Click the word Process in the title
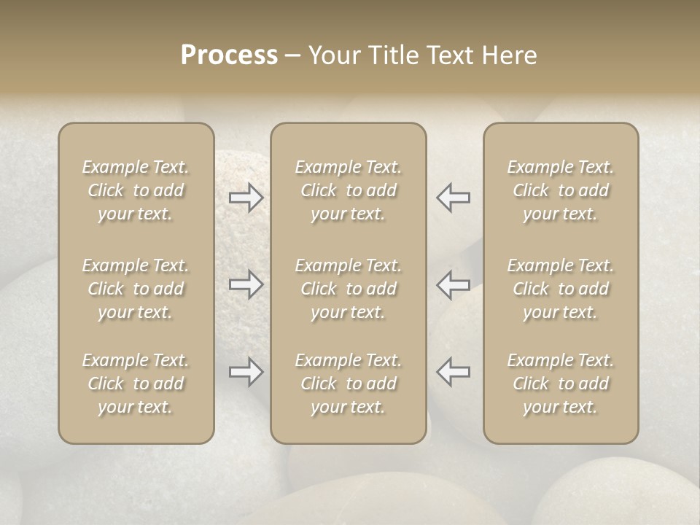pyautogui.click(x=229, y=55)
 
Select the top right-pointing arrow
pyautogui.click(x=246, y=198)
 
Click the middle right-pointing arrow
pyautogui.click(x=246, y=284)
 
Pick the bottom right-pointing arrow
pyautogui.click(x=246, y=372)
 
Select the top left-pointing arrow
pyautogui.click(x=453, y=198)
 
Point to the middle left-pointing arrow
pyautogui.click(x=453, y=284)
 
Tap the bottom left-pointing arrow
pyautogui.click(x=453, y=372)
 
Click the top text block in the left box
pyautogui.click(x=136, y=190)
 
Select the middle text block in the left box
pyautogui.click(x=136, y=289)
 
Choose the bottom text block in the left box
pyautogui.click(x=136, y=384)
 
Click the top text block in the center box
pyautogui.click(x=348, y=190)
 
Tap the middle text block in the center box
pyautogui.click(x=348, y=289)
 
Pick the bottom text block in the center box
pyautogui.click(x=348, y=384)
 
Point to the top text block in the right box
pyautogui.click(x=561, y=190)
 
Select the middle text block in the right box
pyautogui.click(x=561, y=289)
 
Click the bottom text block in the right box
pyautogui.click(x=561, y=384)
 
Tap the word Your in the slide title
pyautogui.click(x=332, y=55)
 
